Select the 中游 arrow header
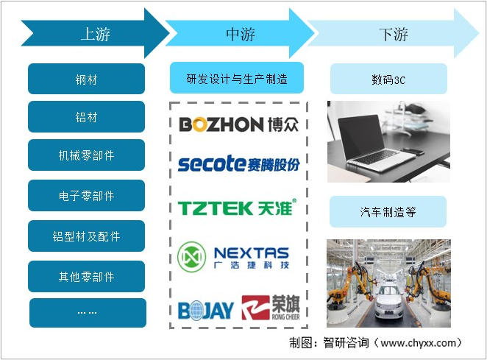tap(240, 33)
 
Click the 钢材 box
tap(86, 79)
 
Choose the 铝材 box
tap(86, 116)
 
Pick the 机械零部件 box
tap(86, 155)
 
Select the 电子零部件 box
tap(86, 196)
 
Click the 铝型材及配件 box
tap(86, 236)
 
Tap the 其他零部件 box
tap(86, 276)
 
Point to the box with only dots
tap(88, 313)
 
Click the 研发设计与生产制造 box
tap(237, 78)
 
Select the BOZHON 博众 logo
tap(238, 124)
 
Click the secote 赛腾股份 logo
tap(238, 163)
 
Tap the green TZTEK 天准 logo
tap(237, 208)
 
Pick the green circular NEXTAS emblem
tap(191, 257)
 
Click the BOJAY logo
tap(205, 310)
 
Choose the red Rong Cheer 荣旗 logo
tap(271, 308)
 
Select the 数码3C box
tap(388, 79)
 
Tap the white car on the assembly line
tap(388, 300)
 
